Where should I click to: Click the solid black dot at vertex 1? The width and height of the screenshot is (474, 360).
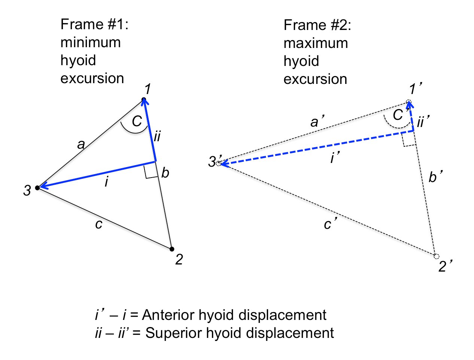(144, 99)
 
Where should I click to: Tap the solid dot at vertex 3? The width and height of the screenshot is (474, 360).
(37, 188)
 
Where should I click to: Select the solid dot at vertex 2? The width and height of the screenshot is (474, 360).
(172, 249)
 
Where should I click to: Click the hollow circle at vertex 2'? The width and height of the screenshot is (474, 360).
(437, 257)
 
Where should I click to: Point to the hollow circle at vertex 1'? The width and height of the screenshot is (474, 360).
(409, 102)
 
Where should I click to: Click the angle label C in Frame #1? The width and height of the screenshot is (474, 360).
(137, 121)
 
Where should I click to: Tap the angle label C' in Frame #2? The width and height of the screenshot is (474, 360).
(399, 115)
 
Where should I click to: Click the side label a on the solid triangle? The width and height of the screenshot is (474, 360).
(81, 144)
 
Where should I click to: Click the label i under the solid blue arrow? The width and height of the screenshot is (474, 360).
(107, 182)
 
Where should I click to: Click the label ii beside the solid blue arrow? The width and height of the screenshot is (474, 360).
(157, 136)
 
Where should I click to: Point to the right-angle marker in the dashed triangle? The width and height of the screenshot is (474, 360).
(408, 140)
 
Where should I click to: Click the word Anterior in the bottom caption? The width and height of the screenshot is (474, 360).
(168, 315)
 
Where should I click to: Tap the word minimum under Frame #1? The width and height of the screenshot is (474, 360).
(91, 42)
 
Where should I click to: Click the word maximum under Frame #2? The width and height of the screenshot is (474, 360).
(316, 43)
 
